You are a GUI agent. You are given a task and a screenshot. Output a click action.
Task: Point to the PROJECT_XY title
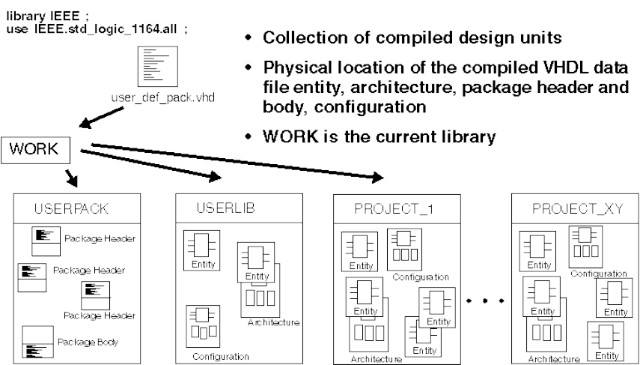(x=570, y=208)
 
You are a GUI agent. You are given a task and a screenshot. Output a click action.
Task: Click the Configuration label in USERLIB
(x=220, y=357)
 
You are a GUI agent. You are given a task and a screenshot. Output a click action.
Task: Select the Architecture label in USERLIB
(x=273, y=322)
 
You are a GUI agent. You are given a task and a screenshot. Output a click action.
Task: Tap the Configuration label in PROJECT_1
(x=421, y=276)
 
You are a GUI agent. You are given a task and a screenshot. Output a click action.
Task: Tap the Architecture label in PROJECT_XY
(x=553, y=359)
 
